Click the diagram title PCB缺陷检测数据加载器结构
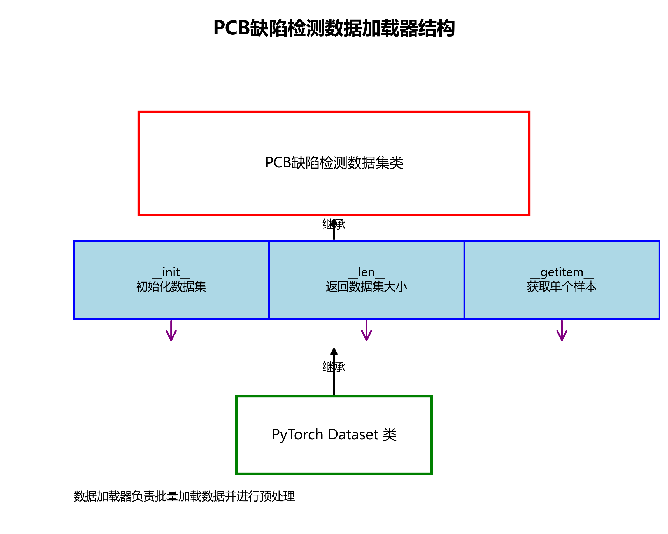(334, 28)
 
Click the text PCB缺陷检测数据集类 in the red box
(334, 163)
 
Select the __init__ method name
(171, 272)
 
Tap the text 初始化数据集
(171, 286)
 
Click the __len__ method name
(366, 272)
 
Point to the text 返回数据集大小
(366, 286)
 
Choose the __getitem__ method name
(562, 272)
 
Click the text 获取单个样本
(562, 286)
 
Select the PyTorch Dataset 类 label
(334, 435)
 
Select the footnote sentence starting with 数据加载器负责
(184, 496)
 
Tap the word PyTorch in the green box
(297, 435)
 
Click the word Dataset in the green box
(353, 435)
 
